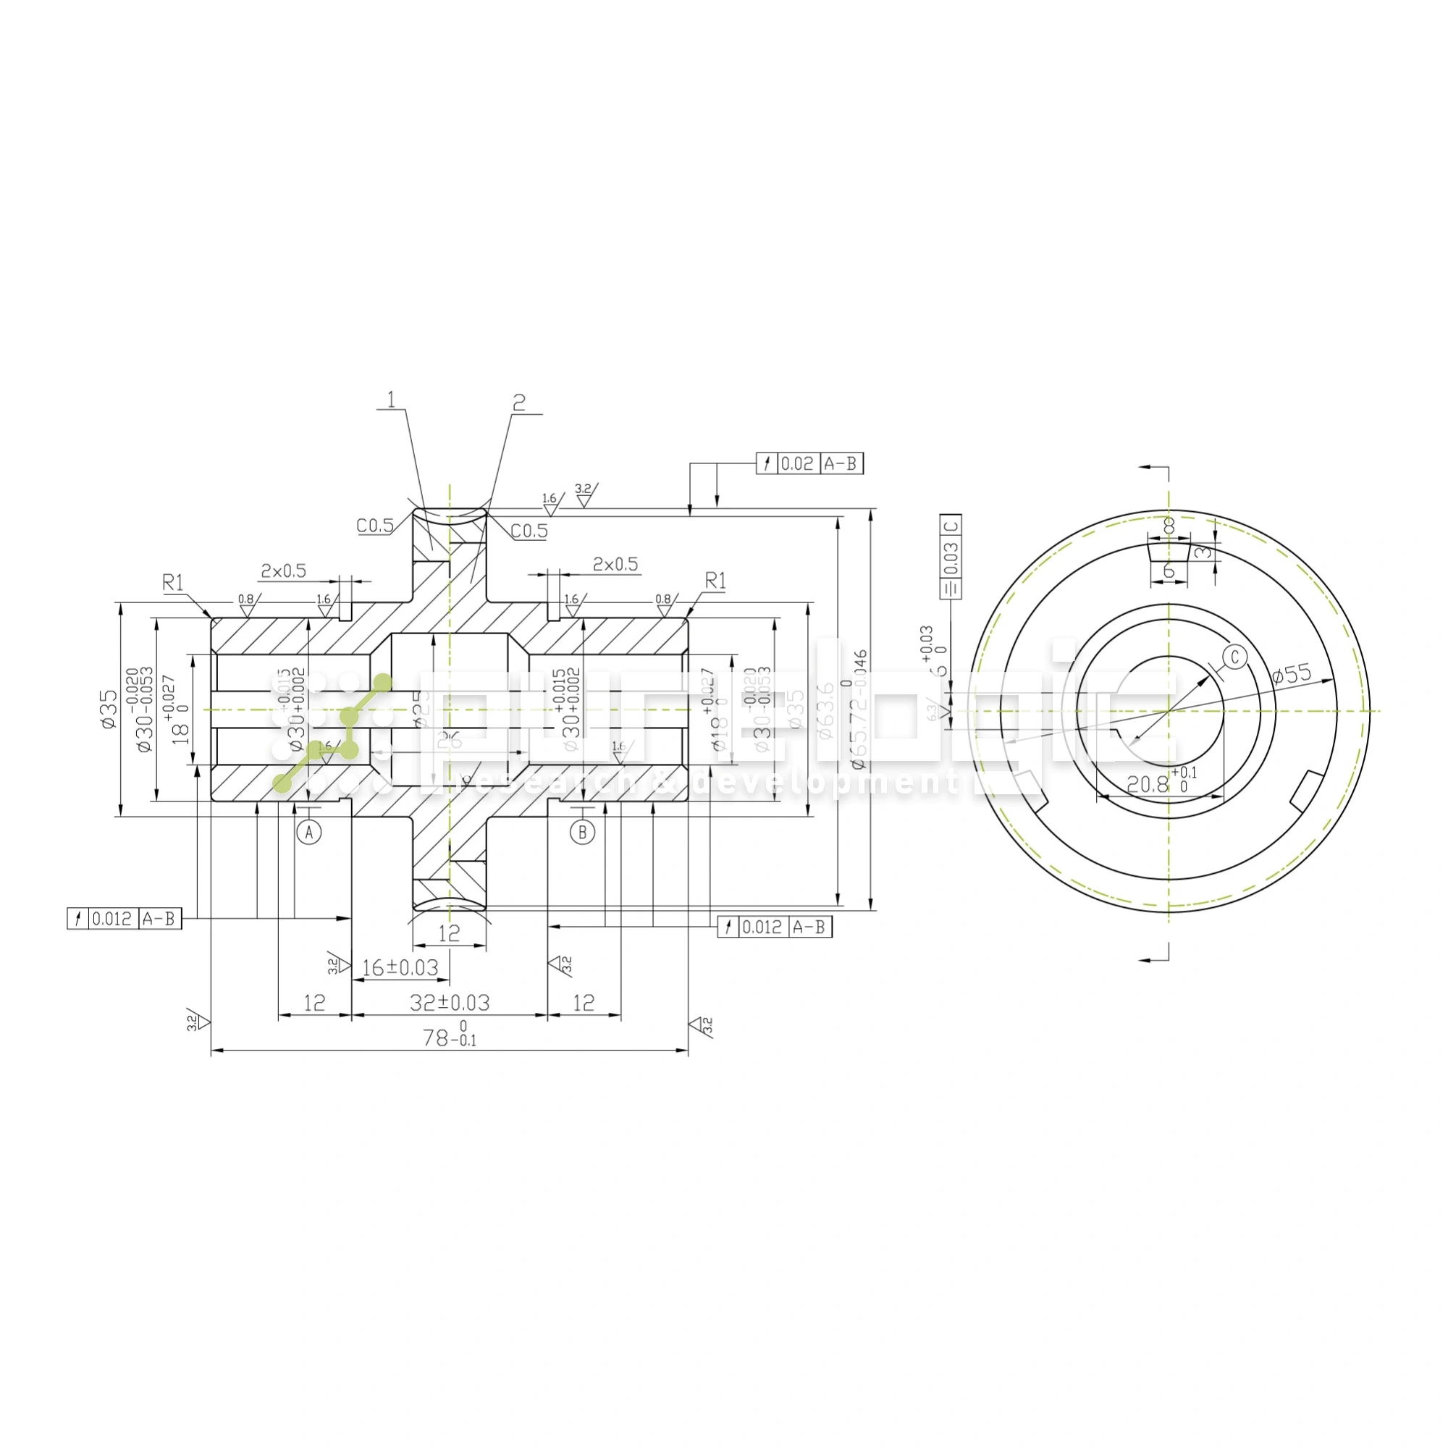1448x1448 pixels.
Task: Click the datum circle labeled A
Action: click(309, 832)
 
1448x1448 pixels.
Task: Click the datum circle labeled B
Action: click(582, 832)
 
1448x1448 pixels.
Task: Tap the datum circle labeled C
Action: click(1234, 657)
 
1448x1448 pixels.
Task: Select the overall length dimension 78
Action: click(448, 1037)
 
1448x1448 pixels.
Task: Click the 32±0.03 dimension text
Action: click(450, 1003)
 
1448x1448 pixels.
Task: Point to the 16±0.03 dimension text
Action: click(400, 967)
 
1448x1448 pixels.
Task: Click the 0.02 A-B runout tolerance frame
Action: click(809, 463)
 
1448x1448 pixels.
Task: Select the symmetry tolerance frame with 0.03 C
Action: click(951, 555)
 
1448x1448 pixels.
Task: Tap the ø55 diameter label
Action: click(1292, 674)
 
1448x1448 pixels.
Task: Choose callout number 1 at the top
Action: click(390, 400)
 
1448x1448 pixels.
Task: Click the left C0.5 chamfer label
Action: click(375, 526)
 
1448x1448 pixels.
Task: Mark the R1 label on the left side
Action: click(172, 582)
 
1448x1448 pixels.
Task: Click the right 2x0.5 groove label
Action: click(615, 563)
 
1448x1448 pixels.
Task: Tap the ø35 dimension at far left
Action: click(109, 709)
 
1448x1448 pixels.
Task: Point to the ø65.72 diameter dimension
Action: click(859, 709)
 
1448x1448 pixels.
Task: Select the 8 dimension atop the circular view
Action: click(1168, 526)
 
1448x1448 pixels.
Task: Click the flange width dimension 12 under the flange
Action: click(449, 933)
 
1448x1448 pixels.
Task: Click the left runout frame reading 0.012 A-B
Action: click(125, 918)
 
